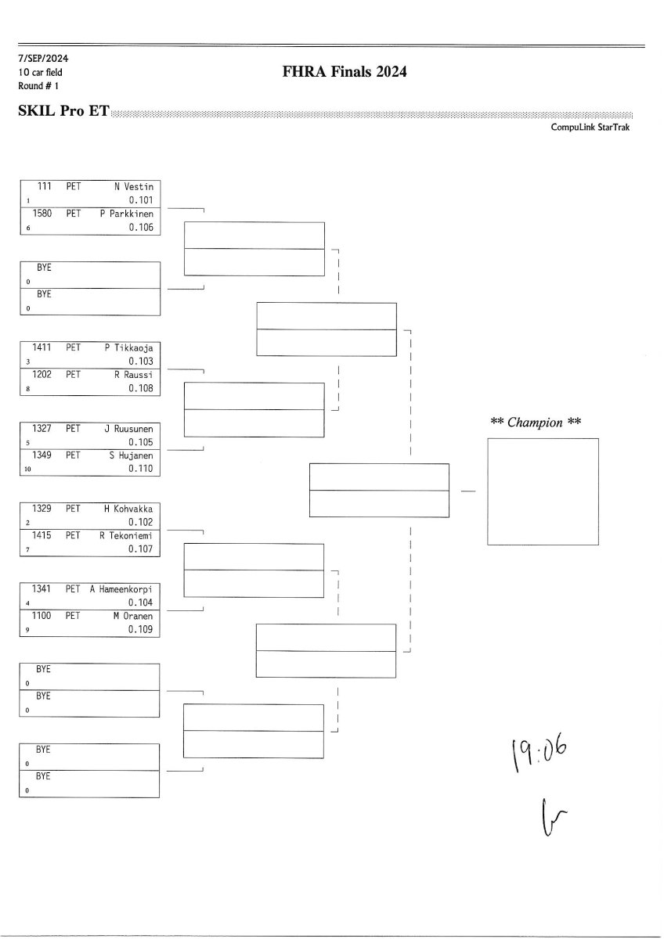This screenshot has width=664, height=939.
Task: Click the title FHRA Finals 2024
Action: click(345, 73)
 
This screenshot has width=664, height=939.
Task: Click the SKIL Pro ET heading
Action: click(63, 111)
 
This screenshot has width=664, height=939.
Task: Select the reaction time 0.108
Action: click(141, 388)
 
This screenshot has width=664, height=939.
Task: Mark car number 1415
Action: click(42, 535)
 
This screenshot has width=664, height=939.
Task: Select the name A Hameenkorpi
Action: click(121, 589)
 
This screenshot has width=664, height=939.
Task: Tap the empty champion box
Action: click(543, 491)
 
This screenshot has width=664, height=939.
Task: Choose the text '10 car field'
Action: click(40, 72)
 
